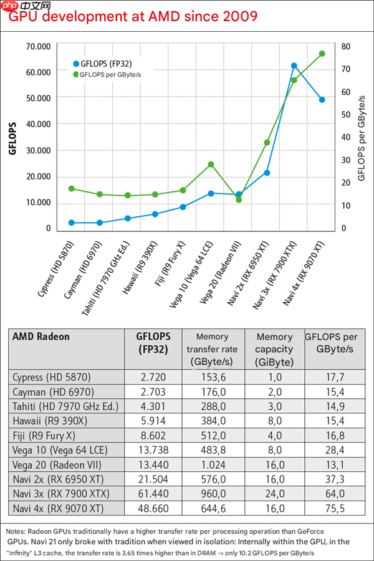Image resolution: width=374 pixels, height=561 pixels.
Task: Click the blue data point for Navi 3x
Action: [294, 65]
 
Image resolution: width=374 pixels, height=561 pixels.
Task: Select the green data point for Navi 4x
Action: [322, 54]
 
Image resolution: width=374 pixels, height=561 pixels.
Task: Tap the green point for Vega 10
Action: [211, 164]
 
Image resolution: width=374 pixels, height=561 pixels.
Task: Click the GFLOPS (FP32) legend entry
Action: [105, 64]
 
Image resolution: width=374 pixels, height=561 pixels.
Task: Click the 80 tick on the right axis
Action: [345, 46]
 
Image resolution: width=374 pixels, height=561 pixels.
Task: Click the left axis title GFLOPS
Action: [13, 138]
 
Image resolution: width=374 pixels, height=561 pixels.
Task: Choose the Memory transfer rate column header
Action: [212, 349]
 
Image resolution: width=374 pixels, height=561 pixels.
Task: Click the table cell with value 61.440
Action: [153, 494]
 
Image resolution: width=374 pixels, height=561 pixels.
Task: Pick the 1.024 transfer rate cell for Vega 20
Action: [212, 464]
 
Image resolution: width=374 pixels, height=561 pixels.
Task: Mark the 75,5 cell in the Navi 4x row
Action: [335, 508]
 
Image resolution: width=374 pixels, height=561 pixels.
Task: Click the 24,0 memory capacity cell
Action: [274, 494]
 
